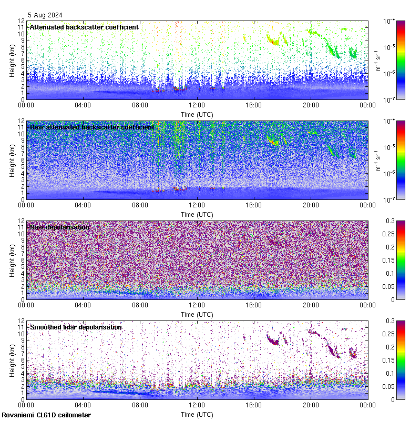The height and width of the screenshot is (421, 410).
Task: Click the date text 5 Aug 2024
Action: pyautogui.click(x=45, y=16)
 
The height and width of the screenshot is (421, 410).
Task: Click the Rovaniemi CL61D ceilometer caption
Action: pyautogui.click(x=46, y=415)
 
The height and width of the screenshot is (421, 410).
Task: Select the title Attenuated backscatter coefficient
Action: pyautogui.click(x=84, y=27)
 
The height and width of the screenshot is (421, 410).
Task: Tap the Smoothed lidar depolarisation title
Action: pyautogui.click(x=76, y=327)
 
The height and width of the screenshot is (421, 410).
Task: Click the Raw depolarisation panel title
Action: pyautogui.click(x=59, y=227)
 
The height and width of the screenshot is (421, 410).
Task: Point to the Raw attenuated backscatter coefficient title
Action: pyautogui.click(x=92, y=127)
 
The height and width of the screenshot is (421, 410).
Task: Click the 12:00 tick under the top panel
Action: pyautogui.click(x=197, y=105)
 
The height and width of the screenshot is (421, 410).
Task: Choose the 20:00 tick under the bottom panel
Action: pyautogui.click(x=311, y=405)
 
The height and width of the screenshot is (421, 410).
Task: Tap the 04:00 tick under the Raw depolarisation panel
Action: pyautogui.click(x=83, y=305)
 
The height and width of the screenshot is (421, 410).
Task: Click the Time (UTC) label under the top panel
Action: pyautogui.click(x=197, y=114)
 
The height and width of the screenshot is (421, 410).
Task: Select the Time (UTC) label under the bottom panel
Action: pyautogui.click(x=197, y=414)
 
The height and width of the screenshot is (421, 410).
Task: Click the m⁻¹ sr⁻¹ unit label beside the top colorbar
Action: pyautogui.click(x=377, y=60)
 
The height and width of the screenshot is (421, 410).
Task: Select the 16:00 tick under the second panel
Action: pyautogui.click(x=254, y=205)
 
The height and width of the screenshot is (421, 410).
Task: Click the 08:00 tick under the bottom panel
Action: pyautogui.click(x=140, y=405)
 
